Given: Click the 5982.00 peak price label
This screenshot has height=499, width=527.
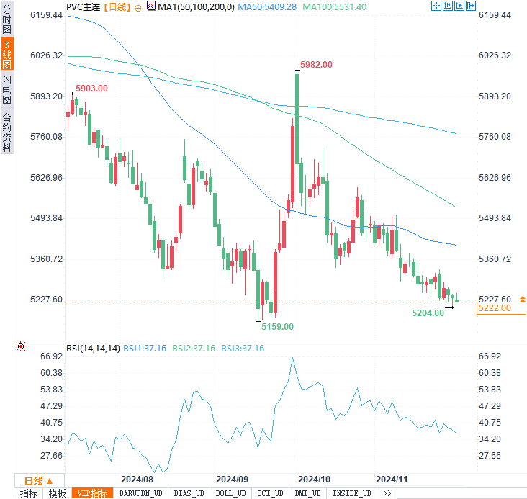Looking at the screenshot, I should tap(316, 65).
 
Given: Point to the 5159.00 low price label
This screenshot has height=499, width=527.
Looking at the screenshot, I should tap(278, 326).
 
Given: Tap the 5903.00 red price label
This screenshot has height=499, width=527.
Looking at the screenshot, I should tap(91, 89).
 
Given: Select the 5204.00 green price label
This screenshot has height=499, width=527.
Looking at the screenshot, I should tap(428, 313).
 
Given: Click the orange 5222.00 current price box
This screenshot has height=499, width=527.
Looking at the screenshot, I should tap(500, 307).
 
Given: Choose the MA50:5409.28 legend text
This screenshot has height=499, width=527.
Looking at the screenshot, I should tap(267, 6).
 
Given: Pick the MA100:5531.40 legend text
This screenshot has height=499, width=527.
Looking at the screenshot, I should tap(335, 6).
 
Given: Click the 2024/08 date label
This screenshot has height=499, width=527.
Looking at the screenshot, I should tap(137, 479).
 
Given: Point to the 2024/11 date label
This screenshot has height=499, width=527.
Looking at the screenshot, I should tap(392, 479).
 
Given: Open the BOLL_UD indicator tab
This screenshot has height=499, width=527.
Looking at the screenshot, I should tap(230, 493).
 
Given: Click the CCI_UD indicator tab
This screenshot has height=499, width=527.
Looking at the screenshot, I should tap(270, 493).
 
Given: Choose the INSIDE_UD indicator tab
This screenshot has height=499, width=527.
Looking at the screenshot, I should tap(351, 493).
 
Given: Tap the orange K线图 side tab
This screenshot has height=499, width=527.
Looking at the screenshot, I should tap(6, 55).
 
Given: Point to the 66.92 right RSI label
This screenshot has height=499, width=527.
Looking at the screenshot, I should tap(490, 356).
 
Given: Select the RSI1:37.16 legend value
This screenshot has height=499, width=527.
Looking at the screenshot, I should tap(145, 349).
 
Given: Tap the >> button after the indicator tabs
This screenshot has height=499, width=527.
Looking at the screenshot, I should tap(387, 493).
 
